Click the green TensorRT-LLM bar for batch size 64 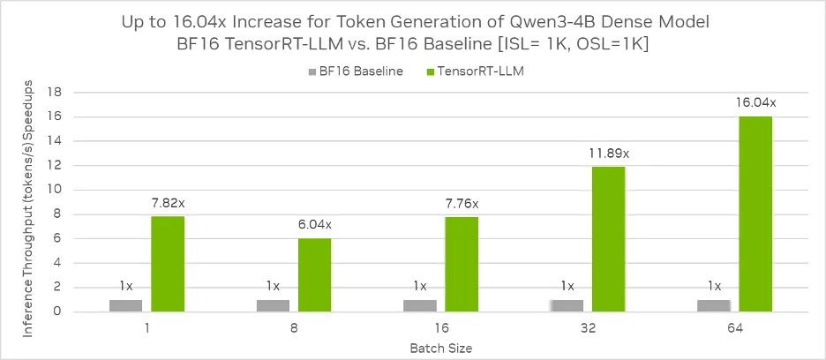tap(755, 214)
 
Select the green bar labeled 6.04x tap(314, 274)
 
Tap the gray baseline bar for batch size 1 tap(126, 305)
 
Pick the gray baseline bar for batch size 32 tap(567, 305)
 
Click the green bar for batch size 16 tap(462, 264)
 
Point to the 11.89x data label tap(609, 153)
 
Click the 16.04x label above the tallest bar tap(755, 102)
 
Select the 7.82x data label tap(168, 203)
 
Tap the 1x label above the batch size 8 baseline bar tap(273, 286)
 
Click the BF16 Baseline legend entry tap(356, 71)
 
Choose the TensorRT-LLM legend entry tap(479, 71)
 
